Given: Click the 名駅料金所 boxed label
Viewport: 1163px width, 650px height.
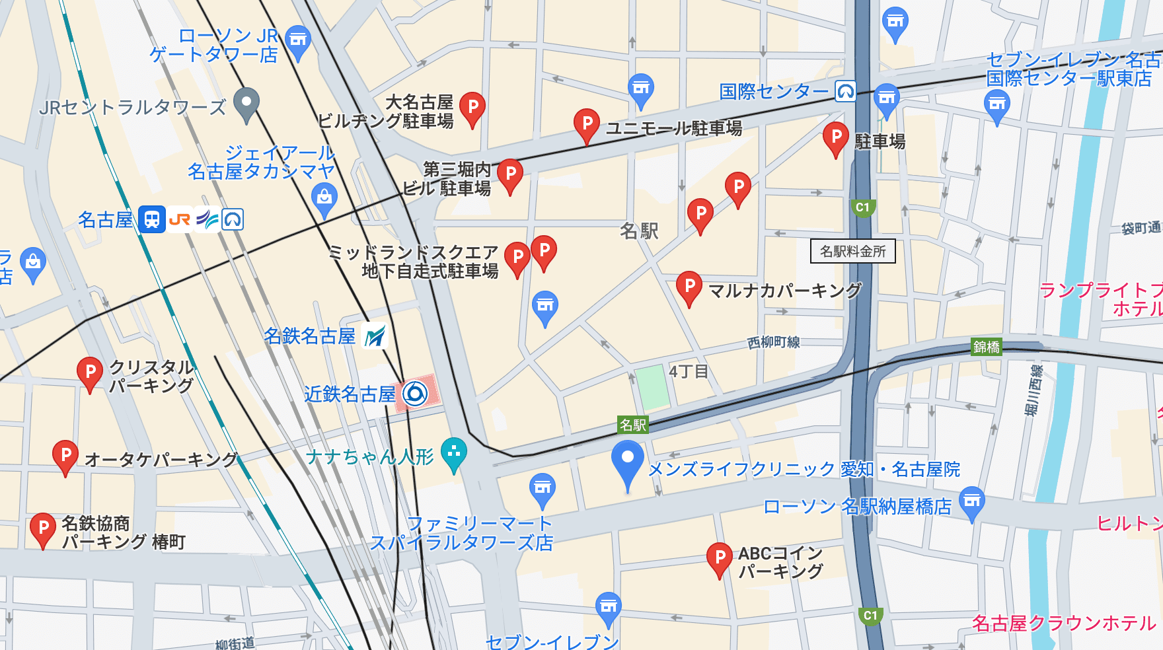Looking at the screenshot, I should tap(852, 251).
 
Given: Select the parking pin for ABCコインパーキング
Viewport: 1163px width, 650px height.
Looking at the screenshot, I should tap(719, 559).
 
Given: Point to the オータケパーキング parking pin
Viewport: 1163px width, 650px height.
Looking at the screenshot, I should tap(65, 456).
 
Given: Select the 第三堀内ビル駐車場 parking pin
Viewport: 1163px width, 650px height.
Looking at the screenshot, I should tap(509, 175).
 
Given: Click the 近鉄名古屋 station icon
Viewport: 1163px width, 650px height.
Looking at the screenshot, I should tap(416, 394).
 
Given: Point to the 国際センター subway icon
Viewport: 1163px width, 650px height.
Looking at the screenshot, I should tap(846, 91).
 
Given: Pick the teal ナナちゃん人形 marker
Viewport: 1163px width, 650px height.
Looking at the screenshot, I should tap(454, 454).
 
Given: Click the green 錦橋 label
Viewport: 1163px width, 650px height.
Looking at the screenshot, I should tap(986, 347).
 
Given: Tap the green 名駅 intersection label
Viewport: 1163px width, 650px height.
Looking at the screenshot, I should tap(632, 425).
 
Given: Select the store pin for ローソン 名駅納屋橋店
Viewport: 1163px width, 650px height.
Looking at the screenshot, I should tap(971, 503).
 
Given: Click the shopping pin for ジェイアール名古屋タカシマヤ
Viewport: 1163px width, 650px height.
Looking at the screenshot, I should tap(324, 199).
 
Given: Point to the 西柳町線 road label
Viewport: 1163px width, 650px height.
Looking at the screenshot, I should tap(773, 342).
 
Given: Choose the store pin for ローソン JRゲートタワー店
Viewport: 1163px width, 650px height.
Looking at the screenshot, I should tap(299, 42).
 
